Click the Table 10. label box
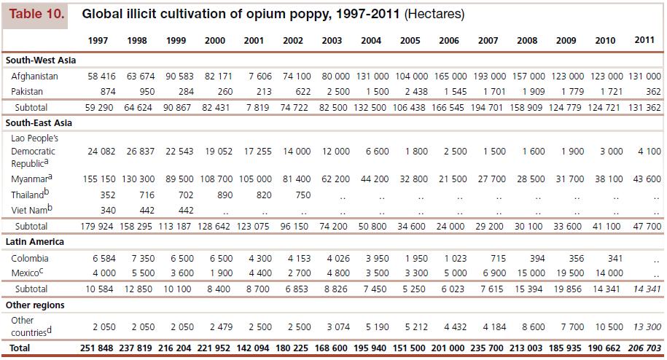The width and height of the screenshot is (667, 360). [36, 15]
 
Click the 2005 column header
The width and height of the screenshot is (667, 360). [410, 41]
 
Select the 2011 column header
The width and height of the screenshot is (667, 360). [644, 40]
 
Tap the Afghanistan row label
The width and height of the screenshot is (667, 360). [34, 76]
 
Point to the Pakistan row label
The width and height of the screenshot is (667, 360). [27, 92]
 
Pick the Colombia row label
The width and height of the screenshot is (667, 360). [30, 258]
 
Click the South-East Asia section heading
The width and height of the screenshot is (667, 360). [40, 123]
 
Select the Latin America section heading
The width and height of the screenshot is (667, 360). [35, 241]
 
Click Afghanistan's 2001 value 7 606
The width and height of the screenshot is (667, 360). [254, 76]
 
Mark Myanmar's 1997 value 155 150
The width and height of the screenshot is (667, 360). [97, 178]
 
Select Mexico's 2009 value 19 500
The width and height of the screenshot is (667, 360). [566, 273]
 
